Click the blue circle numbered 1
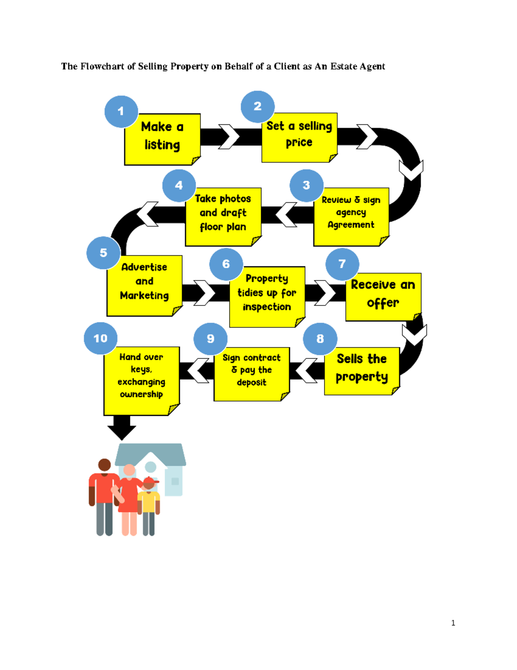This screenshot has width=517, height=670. click(x=121, y=111)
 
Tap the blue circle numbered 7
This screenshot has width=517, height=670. click(x=342, y=264)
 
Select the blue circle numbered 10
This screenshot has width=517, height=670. click(x=100, y=338)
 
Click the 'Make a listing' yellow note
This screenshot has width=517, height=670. click(x=162, y=139)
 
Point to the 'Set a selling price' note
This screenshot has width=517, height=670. click(x=299, y=137)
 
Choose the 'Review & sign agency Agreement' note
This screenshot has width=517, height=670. click(x=351, y=217)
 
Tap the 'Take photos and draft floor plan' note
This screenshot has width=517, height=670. click(x=223, y=217)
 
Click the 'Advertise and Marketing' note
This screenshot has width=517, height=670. click(x=144, y=285)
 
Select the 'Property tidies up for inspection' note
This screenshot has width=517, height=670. click(x=267, y=296)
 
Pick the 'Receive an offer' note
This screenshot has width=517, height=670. click(x=383, y=296)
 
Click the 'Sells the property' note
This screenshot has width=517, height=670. click(x=362, y=371)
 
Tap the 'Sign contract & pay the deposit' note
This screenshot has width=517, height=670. click(x=252, y=374)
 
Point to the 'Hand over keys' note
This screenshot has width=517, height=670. click(x=141, y=381)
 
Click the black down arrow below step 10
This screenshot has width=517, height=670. click(x=121, y=427)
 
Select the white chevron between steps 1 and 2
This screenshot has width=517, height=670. click(x=229, y=137)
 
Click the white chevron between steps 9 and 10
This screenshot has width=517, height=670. click(x=198, y=370)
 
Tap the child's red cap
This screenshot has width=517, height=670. click(x=150, y=480)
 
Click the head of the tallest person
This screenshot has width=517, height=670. click(x=105, y=465)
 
